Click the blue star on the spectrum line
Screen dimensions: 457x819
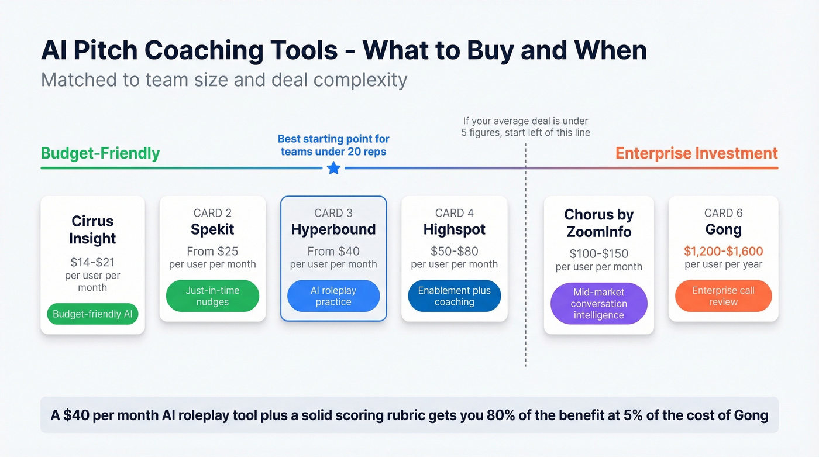click(333, 169)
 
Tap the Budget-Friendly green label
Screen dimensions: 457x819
click(100, 153)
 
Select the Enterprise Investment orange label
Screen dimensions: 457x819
click(697, 153)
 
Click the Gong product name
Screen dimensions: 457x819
click(723, 229)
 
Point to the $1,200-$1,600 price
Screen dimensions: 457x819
click(723, 251)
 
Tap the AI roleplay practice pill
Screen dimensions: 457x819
click(333, 296)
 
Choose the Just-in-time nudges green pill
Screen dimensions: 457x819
click(212, 296)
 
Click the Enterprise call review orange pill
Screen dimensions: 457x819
click(723, 296)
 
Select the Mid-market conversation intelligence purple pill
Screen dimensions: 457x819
click(598, 303)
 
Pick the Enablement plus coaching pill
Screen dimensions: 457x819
click(455, 296)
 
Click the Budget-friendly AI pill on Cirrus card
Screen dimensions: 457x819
click(92, 314)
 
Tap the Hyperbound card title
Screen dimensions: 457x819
click(333, 229)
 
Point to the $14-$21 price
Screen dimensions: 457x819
click(92, 262)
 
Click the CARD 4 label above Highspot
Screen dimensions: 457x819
click(455, 213)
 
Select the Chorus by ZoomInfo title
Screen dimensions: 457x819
click(598, 223)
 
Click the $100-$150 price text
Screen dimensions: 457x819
click(598, 254)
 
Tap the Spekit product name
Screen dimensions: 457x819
click(212, 229)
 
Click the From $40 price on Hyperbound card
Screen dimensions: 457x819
click(333, 251)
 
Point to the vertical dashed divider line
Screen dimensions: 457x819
click(525, 263)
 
